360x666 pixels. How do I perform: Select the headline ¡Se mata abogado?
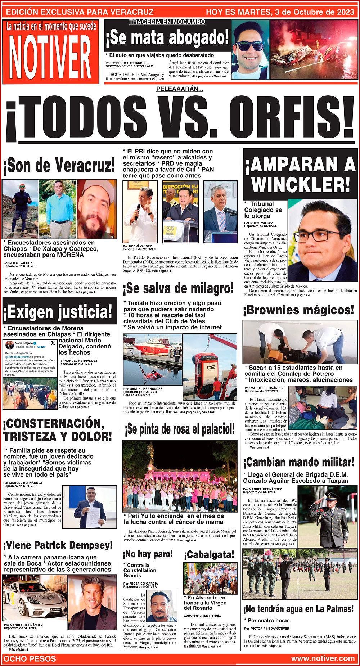pyautogui.click(x=167, y=37)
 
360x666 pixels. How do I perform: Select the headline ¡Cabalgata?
pyautogui.click(x=209, y=554)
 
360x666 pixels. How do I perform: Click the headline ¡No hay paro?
pyautogui.click(x=148, y=553)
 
